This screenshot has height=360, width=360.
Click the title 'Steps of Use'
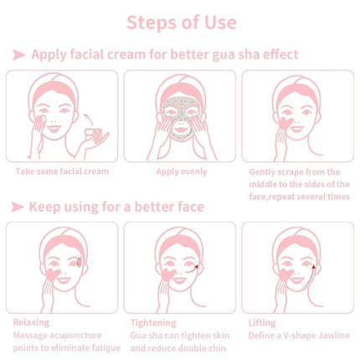pyautogui.click(x=182, y=23)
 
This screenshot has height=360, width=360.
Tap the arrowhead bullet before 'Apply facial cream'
pyautogui.click(x=19, y=55)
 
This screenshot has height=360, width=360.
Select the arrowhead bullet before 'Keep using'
pyautogui.click(x=18, y=207)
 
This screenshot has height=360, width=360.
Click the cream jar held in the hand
pyautogui.click(x=93, y=135)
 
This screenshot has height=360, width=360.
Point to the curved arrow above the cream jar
pyautogui.click(x=89, y=120)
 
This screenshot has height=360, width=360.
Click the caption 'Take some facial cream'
pyautogui.click(x=62, y=172)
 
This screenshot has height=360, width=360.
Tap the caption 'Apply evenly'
pyautogui.click(x=182, y=172)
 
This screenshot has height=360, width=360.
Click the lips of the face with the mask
pyautogui.click(x=182, y=130)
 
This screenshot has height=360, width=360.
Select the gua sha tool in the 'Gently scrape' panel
pyautogui.click(x=286, y=123)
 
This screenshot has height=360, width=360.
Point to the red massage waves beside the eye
pyautogui.click(x=80, y=262)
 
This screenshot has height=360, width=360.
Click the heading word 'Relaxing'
pyautogui.click(x=31, y=322)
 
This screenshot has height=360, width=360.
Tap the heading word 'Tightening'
pyautogui.click(x=153, y=323)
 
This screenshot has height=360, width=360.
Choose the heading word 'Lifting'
pyautogui.click(x=262, y=323)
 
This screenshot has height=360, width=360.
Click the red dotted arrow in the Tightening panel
pyautogui.click(x=192, y=269)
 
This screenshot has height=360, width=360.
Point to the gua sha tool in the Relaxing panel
pyautogui.click(x=53, y=275)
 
